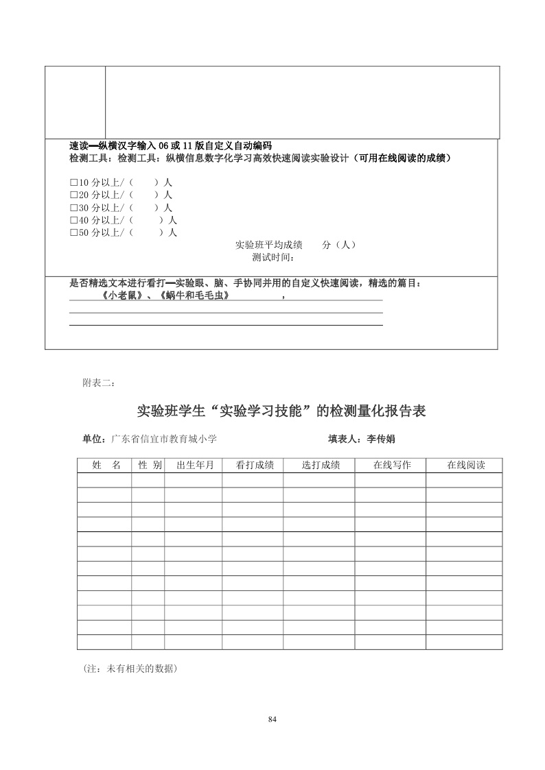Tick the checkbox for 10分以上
pyautogui.click(x=73, y=183)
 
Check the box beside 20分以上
pyautogui.click(x=73, y=195)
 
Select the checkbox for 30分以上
pyautogui.click(x=73, y=208)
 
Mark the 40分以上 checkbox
pyautogui.click(x=73, y=220)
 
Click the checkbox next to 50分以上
pyautogui.click(x=73, y=232)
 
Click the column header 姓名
pyautogui.click(x=106, y=465)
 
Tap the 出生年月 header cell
pyautogui.click(x=195, y=465)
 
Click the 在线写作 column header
pyautogui.click(x=392, y=465)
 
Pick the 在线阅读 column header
pyautogui.click(x=466, y=465)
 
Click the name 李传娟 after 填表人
pyautogui.click(x=381, y=439)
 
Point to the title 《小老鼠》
pyautogui.click(x=121, y=296)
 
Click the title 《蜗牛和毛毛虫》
pyautogui.click(x=193, y=296)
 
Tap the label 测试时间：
pyautogui.click(x=272, y=258)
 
